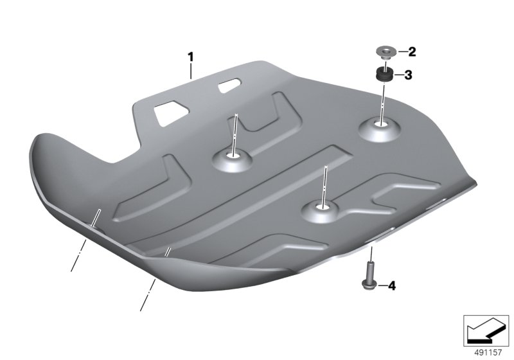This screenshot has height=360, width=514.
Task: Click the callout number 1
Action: pyautogui.click(x=190, y=57)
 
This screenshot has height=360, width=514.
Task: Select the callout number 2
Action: pyautogui.click(x=412, y=52)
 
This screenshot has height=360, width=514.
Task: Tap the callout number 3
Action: pyautogui.click(x=408, y=75)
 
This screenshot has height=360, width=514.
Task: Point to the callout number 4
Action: pyautogui.click(x=392, y=286)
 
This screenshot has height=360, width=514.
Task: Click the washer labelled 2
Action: pyautogui.click(x=386, y=53)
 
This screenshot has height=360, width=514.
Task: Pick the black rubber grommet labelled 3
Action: pyautogui.click(x=385, y=75)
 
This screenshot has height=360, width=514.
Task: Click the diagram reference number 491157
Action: pyautogui.click(x=488, y=352)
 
